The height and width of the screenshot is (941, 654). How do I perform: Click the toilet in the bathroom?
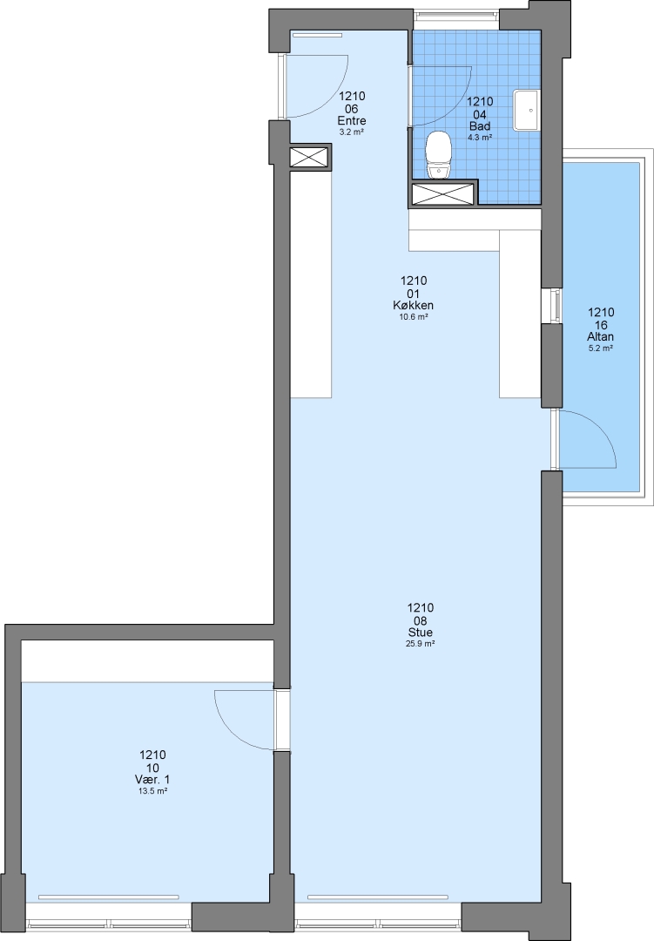[x=439, y=155]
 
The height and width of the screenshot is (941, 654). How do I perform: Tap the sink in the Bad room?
[x=528, y=110]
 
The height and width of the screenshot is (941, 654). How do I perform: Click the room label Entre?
[x=352, y=121]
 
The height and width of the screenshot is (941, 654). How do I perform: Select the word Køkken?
[x=414, y=306]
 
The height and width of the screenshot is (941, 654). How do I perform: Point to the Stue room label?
[x=420, y=633]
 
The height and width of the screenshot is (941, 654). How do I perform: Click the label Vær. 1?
[x=152, y=780]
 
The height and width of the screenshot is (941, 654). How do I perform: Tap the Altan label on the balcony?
[x=601, y=337]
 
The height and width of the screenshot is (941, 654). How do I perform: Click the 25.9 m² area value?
[x=420, y=644]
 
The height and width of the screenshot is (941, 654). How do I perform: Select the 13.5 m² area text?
[x=152, y=791]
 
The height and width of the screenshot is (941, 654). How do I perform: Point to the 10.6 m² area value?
[x=414, y=317]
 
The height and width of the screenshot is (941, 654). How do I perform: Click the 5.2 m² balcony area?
[x=601, y=348]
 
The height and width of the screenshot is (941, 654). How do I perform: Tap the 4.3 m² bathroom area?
[x=480, y=138]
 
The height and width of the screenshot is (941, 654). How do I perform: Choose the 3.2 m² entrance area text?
[x=352, y=132]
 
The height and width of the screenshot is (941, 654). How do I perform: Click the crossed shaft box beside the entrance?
[x=310, y=157]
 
